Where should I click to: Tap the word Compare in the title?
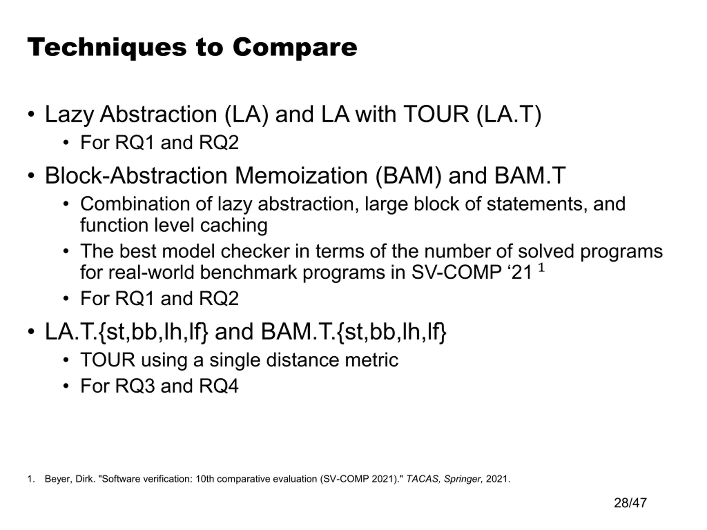(295, 47)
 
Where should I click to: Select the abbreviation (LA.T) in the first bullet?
(509, 114)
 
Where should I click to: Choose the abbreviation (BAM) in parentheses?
(408, 176)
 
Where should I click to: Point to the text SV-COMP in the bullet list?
(456, 272)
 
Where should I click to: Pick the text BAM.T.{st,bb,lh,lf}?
(353, 332)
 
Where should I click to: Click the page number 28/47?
(630, 503)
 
